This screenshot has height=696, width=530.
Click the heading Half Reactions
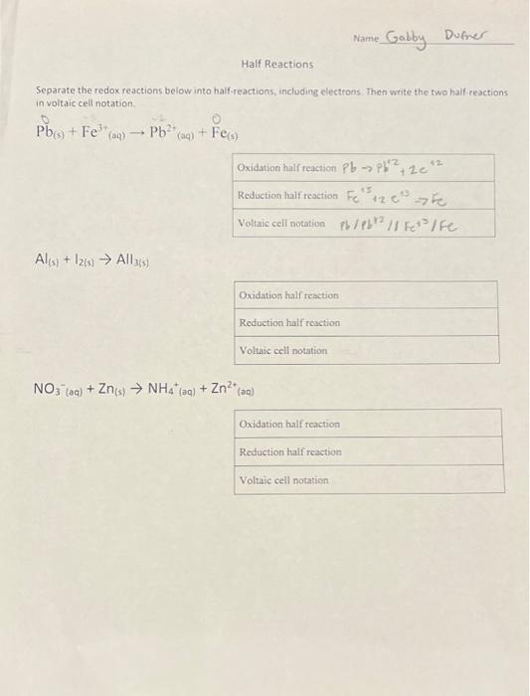(276, 65)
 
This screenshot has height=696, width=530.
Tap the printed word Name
(365, 38)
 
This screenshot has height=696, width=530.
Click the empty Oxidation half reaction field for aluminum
(418, 295)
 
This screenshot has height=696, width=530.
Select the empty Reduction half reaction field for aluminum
(418, 323)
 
